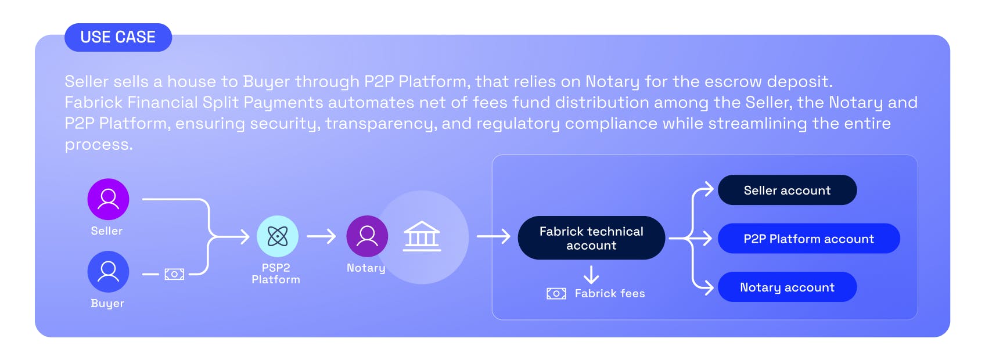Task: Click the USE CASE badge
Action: tap(118, 37)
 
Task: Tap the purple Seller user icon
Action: tap(108, 199)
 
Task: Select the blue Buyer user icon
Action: tap(108, 272)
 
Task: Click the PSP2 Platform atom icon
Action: tap(278, 236)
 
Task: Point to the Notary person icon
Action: tap(367, 236)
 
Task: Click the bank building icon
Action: tap(422, 236)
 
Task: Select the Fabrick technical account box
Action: tap(591, 238)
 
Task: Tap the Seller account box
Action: tap(787, 190)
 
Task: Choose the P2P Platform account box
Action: tap(808, 239)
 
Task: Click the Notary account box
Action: tap(787, 287)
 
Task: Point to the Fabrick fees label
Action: tap(610, 294)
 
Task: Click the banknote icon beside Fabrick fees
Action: tap(556, 294)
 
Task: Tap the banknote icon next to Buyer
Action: tap(174, 274)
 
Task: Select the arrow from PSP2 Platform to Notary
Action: tap(322, 236)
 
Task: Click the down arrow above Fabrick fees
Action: tap(591, 275)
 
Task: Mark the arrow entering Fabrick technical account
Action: tap(493, 236)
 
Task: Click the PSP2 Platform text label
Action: tap(276, 273)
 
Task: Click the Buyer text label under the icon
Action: tap(107, 304)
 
